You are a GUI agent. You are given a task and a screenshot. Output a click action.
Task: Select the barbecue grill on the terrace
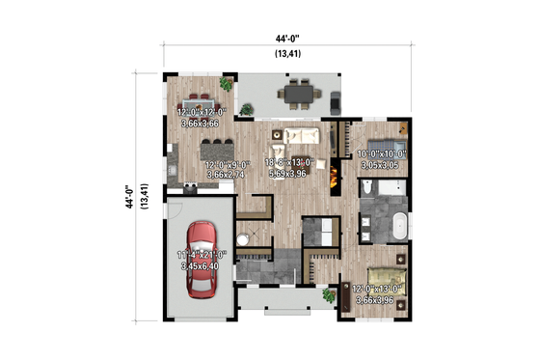(x=334, y=100)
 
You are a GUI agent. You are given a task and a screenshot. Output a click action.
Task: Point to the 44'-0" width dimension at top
(x=287, y=39)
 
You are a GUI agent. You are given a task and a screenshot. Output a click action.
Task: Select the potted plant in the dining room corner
(x=227, y=85)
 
